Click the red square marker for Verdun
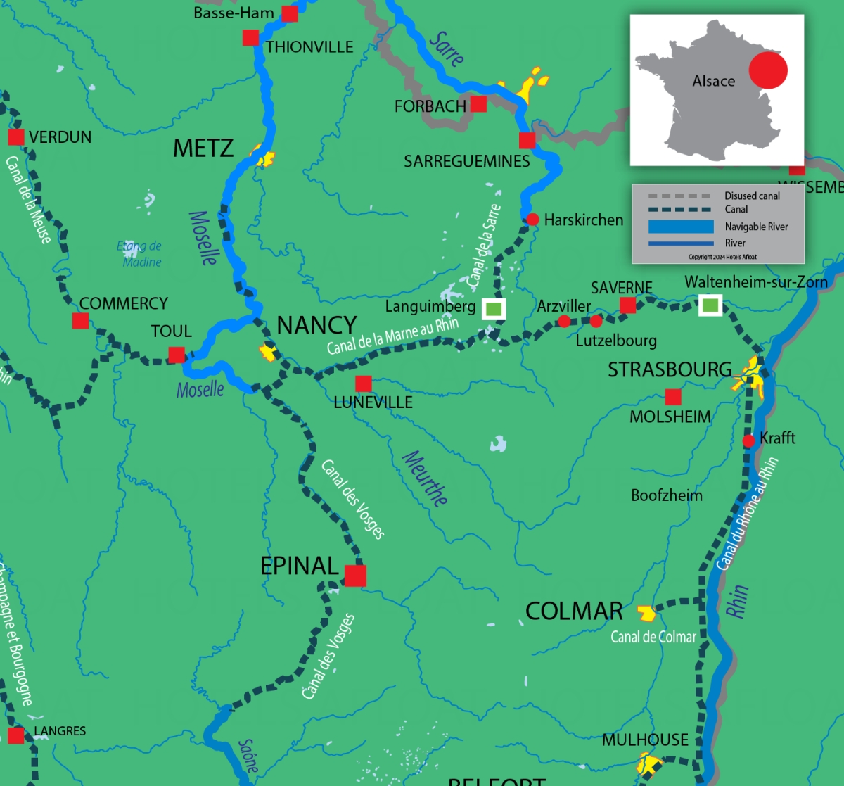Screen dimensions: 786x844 tap(15, 137)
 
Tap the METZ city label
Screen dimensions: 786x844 tap(203, 148)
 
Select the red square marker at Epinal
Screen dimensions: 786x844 tap(355, 576)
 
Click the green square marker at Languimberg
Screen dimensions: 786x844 tap(494, 308)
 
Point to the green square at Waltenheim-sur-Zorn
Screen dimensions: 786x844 tap(710, 305)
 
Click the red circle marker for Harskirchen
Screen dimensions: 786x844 tap(532, 220)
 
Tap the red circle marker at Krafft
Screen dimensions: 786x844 tap(749, 440)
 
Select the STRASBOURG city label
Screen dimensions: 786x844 tap(670, 369)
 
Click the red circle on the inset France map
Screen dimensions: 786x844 tap(767, 70)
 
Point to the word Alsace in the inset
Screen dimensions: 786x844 tap(713, 82)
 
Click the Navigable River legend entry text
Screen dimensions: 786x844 tap(756, 227)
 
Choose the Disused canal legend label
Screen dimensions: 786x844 tap(752, 196)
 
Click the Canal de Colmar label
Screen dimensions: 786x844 tap(653, 637)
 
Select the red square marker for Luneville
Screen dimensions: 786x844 tap(364, 384)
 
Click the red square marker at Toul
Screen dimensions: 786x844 tap(177, 355)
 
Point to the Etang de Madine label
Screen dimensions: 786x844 tap(140, 254)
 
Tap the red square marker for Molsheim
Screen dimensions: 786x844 tap(673, 397)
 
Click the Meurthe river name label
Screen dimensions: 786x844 tap(425, 478)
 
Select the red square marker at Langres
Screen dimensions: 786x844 tap(15, 736)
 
